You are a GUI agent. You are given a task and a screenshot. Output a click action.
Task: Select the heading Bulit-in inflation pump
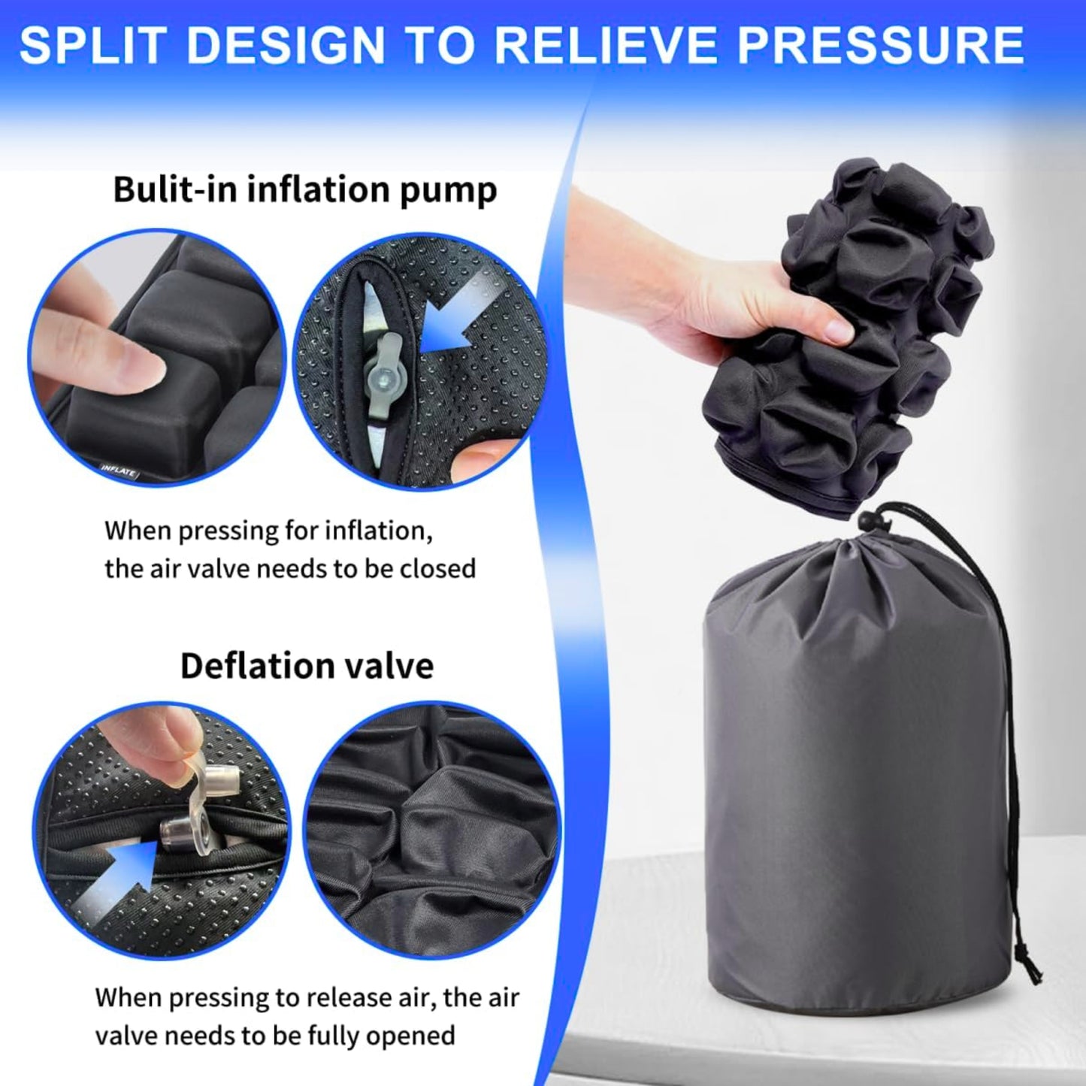(x=304, y=189)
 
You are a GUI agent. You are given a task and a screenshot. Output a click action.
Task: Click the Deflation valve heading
(x=307, y=666)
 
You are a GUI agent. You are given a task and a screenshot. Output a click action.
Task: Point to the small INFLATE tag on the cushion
(x=119, y=471)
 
